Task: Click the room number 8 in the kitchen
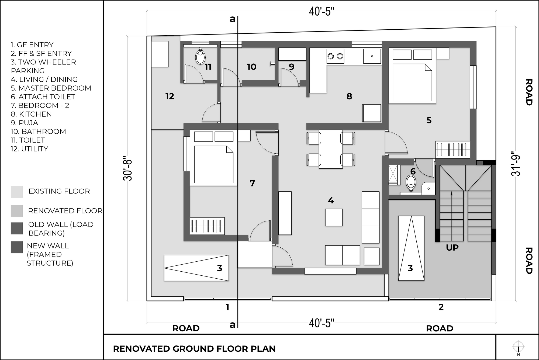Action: click(349, 96)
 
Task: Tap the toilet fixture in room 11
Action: click(200, 57)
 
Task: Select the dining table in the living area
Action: click(331, 149)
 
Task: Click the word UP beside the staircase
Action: click(452, 248)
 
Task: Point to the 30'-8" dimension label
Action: click(128, 168)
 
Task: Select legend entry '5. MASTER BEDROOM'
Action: click(51, 88)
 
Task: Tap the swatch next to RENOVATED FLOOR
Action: click(17, 211)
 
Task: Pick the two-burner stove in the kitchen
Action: click(335, 56)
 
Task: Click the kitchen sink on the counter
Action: click(372, 56)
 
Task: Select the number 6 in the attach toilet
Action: click(413, 171)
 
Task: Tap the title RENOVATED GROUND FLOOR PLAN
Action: click(194, 349)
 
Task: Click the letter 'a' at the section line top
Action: click(232, 19)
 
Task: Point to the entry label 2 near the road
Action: click(441, 307)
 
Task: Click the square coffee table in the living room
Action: click(334, 217)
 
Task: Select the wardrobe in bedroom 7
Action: click(207, 225)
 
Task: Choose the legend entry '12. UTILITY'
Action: click(29, 149)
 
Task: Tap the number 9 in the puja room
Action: click(291, 67)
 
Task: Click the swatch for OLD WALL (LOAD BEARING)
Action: click(17, 228)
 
